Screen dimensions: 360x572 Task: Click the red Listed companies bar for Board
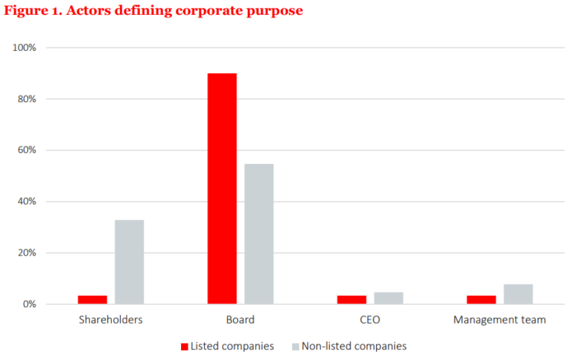pyautogui.click(x=222, y=189)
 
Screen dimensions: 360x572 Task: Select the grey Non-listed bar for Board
pyautogui.click(x=258, y=234)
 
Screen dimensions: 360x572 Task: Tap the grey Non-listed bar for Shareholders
pyautogui.click(x=129, y=262)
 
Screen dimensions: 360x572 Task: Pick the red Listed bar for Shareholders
pyautogui.click(x=92, y=300)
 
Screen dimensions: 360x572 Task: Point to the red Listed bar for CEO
pyautogui.click(x=352, y=300)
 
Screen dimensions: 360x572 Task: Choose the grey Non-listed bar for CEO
pyautogui.click(x=388, y=298)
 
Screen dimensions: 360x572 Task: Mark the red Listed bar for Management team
pyautogui.click(x=481, y=300)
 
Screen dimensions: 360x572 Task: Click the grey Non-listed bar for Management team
pyautogui.click(x=518, y=294)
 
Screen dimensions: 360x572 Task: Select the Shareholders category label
pyautogui.click(x=110, y=320)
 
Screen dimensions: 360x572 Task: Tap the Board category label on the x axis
pyautogui.click(x=241, y=320)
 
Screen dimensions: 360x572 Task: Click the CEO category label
pyautogui.click(x=370, y=320)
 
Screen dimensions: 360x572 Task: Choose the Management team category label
pyautogui.click(x=500, y=320)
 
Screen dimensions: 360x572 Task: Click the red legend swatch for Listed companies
pyautogui.click(x=184, y=347)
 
